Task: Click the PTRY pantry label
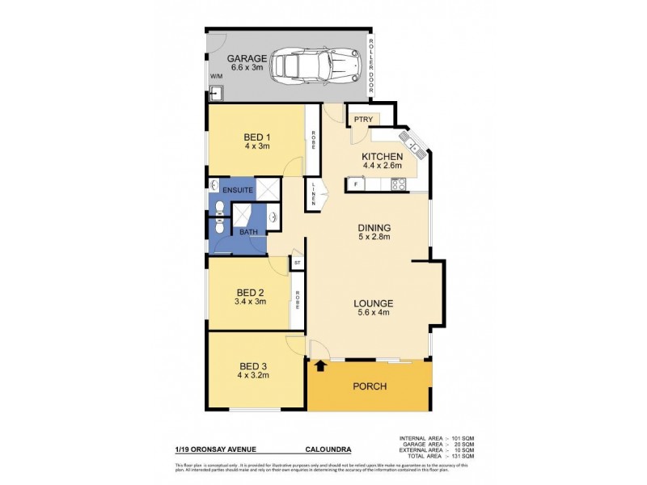tap(361, 120)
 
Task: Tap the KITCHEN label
tap(383, 156)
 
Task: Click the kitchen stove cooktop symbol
tap(399, 184)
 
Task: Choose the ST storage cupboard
tap(297, 264)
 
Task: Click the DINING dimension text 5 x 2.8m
tap(374, 238)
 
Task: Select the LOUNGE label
tap(374, 304)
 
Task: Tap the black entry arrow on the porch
tap(320, 366)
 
